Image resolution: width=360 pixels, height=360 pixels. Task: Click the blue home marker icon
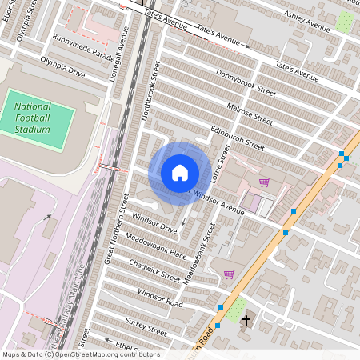click(180, 172)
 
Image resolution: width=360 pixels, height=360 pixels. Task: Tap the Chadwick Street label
click(155, 270)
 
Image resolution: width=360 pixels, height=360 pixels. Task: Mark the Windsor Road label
click(160, 297)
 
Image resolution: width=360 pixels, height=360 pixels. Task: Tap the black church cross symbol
click(246, 322)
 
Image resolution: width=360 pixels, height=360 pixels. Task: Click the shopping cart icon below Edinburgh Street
click(264, 182)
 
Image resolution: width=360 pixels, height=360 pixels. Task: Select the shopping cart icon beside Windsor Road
click(230, 274)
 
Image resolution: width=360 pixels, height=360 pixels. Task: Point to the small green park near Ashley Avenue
click(345, 22)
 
